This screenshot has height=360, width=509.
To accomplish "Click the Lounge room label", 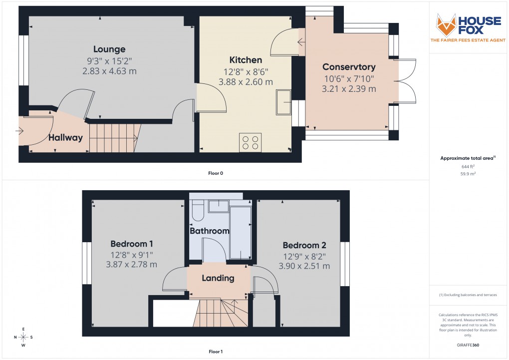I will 109,49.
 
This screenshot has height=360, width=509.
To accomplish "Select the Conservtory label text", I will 349,67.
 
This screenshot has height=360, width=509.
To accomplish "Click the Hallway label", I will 65,138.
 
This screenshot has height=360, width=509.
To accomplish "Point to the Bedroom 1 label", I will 131,244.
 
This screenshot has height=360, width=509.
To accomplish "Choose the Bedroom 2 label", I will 304,245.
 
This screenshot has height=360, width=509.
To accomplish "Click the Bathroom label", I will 209,231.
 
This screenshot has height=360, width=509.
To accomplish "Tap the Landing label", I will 218,278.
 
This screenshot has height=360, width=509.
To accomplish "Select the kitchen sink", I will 284,102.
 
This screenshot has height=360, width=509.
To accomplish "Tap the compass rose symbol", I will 23,337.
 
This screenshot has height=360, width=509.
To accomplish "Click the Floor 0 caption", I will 216,173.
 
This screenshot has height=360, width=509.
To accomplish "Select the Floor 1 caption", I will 216,352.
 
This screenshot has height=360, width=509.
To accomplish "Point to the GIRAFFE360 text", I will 468,345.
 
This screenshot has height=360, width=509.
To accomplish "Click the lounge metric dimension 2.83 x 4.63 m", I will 109,71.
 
